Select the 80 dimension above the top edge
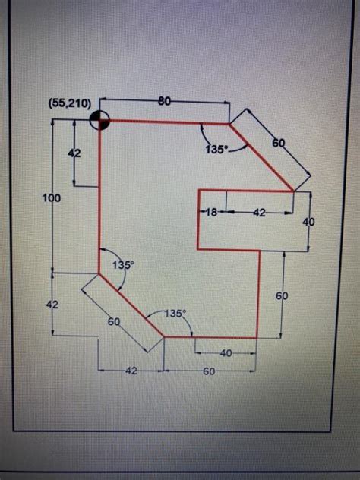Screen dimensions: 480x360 pyautogui.click(x=163, y=100)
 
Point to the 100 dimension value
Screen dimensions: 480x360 pyautogui.click(x=52, y=197)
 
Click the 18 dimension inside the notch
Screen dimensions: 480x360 pyautogui.click(x=212, y=213)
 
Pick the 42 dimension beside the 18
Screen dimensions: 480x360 pyautogui.click(x=259, y=213)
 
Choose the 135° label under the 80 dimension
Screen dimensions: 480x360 pyautogui.click(x=216, y=150)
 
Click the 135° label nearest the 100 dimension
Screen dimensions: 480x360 pyautogui.click(x=123, y=265)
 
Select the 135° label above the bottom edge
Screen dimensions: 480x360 pyautogui.click(x=175, y=313)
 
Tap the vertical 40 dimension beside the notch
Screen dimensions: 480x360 pyautogui.click(x=308, y=222)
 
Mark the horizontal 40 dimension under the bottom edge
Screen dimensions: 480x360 pyautogui.click(x=226, y=353)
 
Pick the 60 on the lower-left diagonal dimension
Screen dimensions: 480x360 pyautogui.click(x=114, y=322)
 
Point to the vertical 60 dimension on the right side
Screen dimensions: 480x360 pyautogui.click(x=281, y=295)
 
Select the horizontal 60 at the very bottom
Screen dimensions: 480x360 pyautogui.click(x=209, y=371)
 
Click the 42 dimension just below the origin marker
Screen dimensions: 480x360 pyautogui.click(x=74, y=153)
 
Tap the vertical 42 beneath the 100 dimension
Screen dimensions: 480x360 pyautogui.click(x=52, y=303)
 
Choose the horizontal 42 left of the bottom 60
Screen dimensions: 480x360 pyautogui.click(x=131, y=371)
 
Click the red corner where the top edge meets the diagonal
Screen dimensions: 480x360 pyautogui.click(x=229, y=122)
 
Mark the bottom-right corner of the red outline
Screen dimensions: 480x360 pyautogui.click(x=258, y=337)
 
